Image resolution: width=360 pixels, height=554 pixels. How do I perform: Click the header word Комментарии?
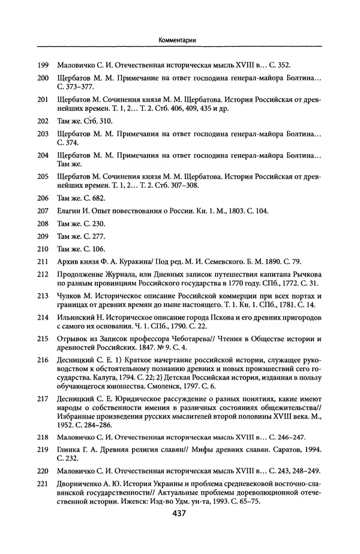tap(180, 39)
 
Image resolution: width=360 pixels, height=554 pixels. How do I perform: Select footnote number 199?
tap(43, 64)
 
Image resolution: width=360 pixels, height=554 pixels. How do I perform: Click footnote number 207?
tap(43, 212)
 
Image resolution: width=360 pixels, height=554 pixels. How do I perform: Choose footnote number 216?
tap(43, 359)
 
